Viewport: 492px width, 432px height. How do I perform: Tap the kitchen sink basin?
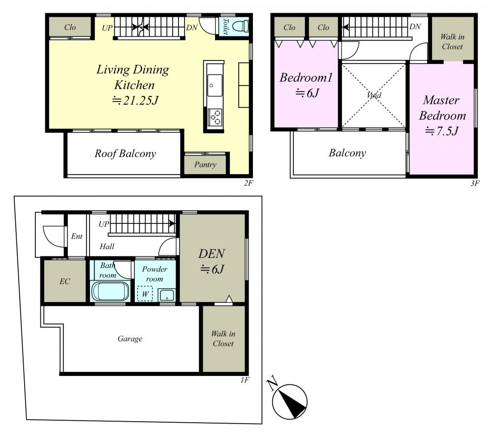(x=215, y=85)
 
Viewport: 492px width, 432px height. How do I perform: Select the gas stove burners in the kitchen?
(x=215, y=117)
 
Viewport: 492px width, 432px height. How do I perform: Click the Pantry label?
(x=205, y=164)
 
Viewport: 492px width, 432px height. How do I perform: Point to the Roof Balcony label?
(x=125, y=154)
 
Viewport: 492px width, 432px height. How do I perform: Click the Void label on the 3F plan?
(x=374, y=95)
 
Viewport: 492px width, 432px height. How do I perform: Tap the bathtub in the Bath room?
(x=110, y=291)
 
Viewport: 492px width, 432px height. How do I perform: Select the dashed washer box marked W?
(x=145, y=294)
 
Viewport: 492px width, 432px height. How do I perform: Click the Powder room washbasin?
(x=166, y=295)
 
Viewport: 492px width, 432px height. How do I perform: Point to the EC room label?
(x=64, y=281)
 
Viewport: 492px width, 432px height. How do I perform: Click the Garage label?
(x=130, y=339)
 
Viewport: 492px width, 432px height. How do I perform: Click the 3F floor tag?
(x=475, y=183)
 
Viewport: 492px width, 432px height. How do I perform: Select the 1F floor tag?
(x=245, y=380)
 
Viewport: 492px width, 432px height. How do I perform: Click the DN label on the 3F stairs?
(x=415, y=27)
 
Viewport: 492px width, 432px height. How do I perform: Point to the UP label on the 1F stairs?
(x=104, y=224)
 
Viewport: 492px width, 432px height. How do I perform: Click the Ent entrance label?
(x=77, y=236)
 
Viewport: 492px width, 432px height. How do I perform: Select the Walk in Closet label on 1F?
(x=223, y=339)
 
